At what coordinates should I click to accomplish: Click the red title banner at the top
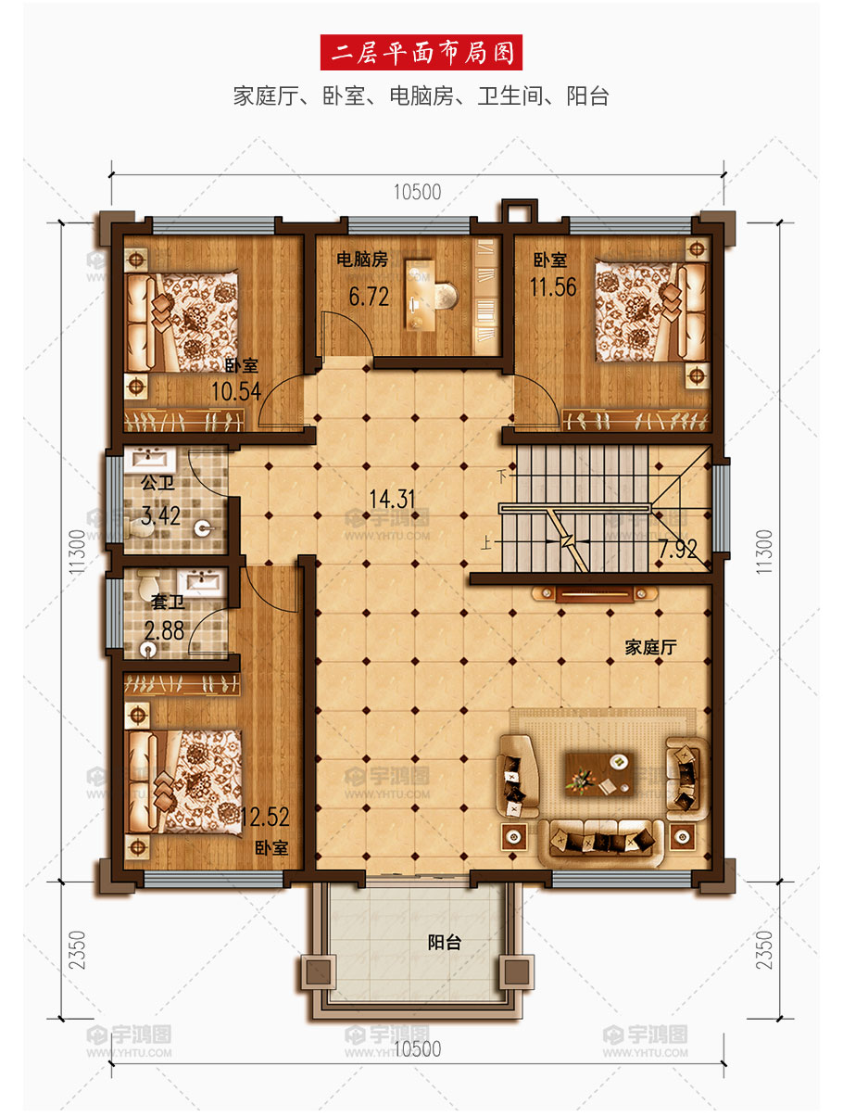coord(421,52)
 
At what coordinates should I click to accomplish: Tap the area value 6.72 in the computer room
coord(369,297)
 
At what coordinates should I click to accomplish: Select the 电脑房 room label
coord(362,260)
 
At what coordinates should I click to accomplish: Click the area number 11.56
coord(553,287)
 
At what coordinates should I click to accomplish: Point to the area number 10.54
coord(236,391)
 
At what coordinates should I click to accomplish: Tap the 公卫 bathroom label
coord(157,482)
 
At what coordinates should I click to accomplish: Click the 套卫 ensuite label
coord(168,603)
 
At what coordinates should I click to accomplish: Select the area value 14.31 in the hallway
coord(392,499)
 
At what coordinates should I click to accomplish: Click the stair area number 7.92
coord(678,549)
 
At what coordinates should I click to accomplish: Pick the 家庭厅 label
coord(651,647)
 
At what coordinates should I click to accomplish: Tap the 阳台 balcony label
coord(445,943)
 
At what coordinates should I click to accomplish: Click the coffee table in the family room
coord(599,774)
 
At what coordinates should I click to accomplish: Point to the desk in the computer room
coord(420,296)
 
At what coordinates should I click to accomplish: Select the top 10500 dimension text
coord(418,192)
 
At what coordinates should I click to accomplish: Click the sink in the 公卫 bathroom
coord(150,460)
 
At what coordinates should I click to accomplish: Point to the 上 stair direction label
coord(486,544)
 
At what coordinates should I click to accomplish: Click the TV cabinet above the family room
coord(595,593)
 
